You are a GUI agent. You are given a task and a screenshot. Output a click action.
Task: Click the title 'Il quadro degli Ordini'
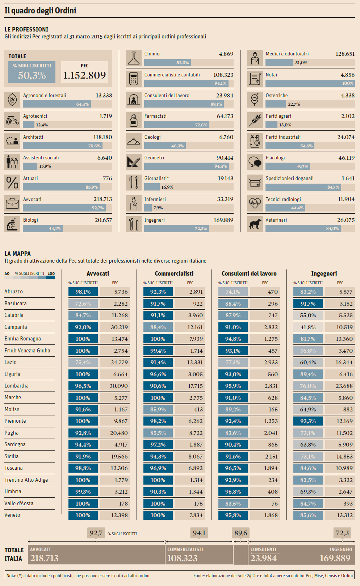(x=40, y=11)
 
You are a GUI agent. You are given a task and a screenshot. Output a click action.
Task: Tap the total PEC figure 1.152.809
(x=84, y=75)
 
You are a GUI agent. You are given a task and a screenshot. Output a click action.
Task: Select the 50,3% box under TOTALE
(x=32, y=75)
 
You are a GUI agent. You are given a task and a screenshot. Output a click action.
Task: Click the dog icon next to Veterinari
(x=255, y=224)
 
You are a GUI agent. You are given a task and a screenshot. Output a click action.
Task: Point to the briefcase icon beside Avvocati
(x=12, y=203)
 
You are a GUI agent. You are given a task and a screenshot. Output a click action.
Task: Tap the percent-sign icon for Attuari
(x=12, y=182)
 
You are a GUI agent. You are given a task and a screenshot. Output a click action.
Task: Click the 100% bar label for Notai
(x=348, y=83)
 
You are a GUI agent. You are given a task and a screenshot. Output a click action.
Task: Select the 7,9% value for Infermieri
(x=158, y=208)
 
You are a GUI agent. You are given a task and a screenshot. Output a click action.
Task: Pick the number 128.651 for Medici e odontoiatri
(x=345, y=54)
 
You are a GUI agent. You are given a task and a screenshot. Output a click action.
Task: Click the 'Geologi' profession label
(x=152, y=137)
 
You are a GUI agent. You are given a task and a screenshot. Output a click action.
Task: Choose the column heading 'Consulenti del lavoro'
(x=249, y=274)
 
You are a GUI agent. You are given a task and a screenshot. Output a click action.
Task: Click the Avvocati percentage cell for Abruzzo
(x=83, y=292)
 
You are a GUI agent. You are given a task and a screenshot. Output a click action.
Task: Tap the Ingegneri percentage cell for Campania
(x=308, y=327)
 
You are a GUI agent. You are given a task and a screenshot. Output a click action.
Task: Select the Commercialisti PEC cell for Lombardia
(x=190, y=386)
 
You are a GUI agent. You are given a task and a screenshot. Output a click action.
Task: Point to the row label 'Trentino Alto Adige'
(x=26, y=480)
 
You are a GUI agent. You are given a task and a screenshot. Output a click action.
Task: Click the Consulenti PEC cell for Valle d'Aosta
(x=265, y=504)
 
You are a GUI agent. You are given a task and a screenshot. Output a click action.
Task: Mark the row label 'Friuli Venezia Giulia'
(x=27, y=351)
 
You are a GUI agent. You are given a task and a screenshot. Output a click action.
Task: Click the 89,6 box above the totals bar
(x=240, y=533)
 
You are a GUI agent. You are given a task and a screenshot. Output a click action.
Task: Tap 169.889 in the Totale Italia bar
(x=335, y=558)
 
